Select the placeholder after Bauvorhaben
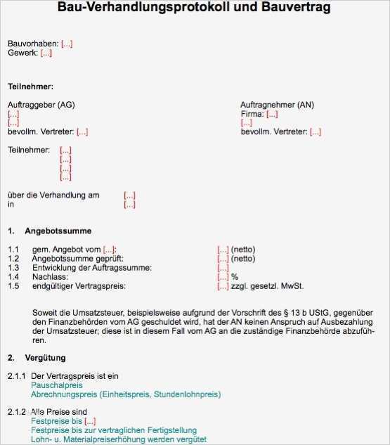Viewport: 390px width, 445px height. coord(67,44)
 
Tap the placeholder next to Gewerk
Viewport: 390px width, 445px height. coord(46,53)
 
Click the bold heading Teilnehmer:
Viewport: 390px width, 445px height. coord(30,86)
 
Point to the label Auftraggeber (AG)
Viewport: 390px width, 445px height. coord(41,105)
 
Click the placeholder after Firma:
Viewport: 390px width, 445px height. coord(272,114)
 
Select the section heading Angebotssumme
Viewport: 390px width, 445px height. coord(58,231)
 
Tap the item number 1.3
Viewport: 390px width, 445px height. coord(14,268)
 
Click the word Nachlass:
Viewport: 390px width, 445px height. coord(50,277)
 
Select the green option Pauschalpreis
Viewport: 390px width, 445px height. coord(57,385)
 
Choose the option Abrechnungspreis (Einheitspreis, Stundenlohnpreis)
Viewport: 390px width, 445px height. coord(126,394)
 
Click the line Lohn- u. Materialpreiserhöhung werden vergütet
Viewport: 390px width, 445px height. coord(119,439)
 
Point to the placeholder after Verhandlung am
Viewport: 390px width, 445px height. coord(129,195)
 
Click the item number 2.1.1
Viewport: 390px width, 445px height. coord(17,376)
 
